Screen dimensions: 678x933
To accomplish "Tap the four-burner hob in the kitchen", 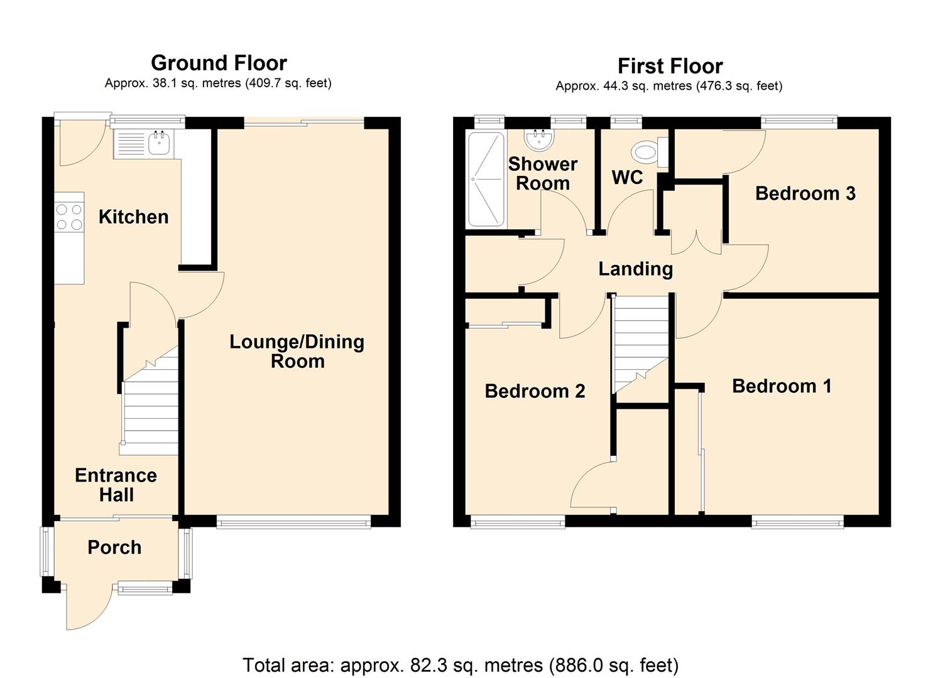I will click(x=69, y=217).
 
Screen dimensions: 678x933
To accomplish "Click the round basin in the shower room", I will click(x=538, y=140).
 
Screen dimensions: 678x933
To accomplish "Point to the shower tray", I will click(x=486, y=179).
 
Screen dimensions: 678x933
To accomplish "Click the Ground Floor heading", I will click(x=219, y=63).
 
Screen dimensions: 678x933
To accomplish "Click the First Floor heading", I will click(x=670, y=66).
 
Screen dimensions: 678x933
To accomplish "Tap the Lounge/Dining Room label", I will click(x=297, y=351).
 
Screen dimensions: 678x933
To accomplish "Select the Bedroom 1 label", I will click(x=782, y=385).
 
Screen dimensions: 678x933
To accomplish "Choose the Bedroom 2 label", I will click(x=535, y=391).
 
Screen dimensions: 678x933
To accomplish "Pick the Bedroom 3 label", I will click(x=805, y=193).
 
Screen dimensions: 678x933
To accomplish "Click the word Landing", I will click(x=635, y=269).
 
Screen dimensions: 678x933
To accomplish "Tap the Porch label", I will click(x=114, y=547).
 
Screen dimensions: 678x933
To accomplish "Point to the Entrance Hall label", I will click(x=116, y=485).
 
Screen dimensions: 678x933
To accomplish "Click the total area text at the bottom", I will click(x=461, y=665).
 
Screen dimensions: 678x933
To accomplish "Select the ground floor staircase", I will click(x=150, y=408).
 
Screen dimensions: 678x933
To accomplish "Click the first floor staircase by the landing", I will click(x=641, y=342).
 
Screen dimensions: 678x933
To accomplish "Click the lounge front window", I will click(x=293, y=521).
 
